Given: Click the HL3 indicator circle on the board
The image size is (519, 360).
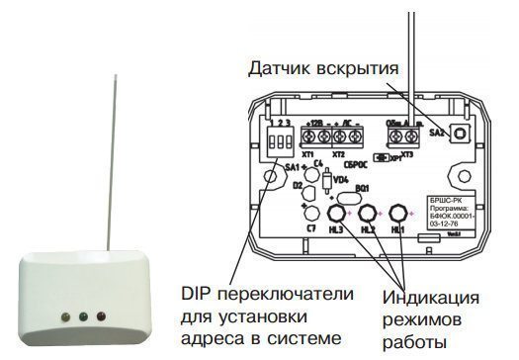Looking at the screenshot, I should (x=337, y=213).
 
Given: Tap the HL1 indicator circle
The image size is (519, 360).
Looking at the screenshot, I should (x=399, y=214).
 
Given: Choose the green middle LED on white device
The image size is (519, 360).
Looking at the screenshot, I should (x=84, y=318).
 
